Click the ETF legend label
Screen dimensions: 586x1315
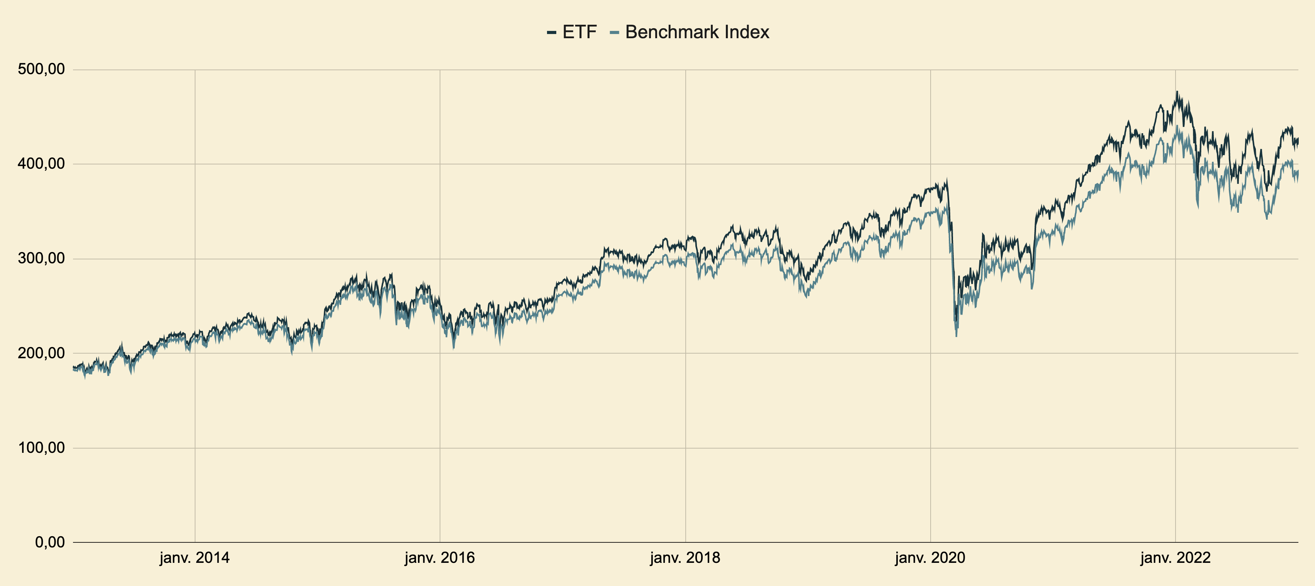pyautogui.click(x=579, y=32)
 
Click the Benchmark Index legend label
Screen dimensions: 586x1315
pyautogui.click(x=697, y=32)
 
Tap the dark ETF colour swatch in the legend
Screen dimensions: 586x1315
pyautogui.click(x=551, y=33)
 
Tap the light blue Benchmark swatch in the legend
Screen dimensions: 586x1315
pyautogui.click(x=615, y=33)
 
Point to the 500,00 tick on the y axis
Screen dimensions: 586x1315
pyautogui.click(x=41, y=69)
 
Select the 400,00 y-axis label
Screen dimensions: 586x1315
pyautogui.click(x=41, y=164)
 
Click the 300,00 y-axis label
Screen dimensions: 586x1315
pyautogui.click(x=41, y=259)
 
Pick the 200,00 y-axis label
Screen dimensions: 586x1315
pyautogui.click(x=41, y=353)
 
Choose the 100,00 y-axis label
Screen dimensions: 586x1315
pyautogui.click(x=41, y=448)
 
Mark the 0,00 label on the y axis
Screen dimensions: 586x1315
pyautogui.click(x=50, y=542)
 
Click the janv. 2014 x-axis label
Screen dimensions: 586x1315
pyautogui.click(x=194, y=558)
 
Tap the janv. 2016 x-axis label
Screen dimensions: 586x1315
pyautogui.click(x=440, y=558)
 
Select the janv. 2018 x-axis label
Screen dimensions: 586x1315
pyautogui.click(x=685, y=558)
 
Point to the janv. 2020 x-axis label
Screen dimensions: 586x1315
pyautogui.click(x=930, y=558)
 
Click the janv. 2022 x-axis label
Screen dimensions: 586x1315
pyautogui.click(x=1176, y=558)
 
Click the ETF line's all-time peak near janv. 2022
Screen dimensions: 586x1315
pyautogui.click(x=1177, y=92)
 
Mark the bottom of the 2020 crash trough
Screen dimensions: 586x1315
pyautogui.click(x=956, y=335)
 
